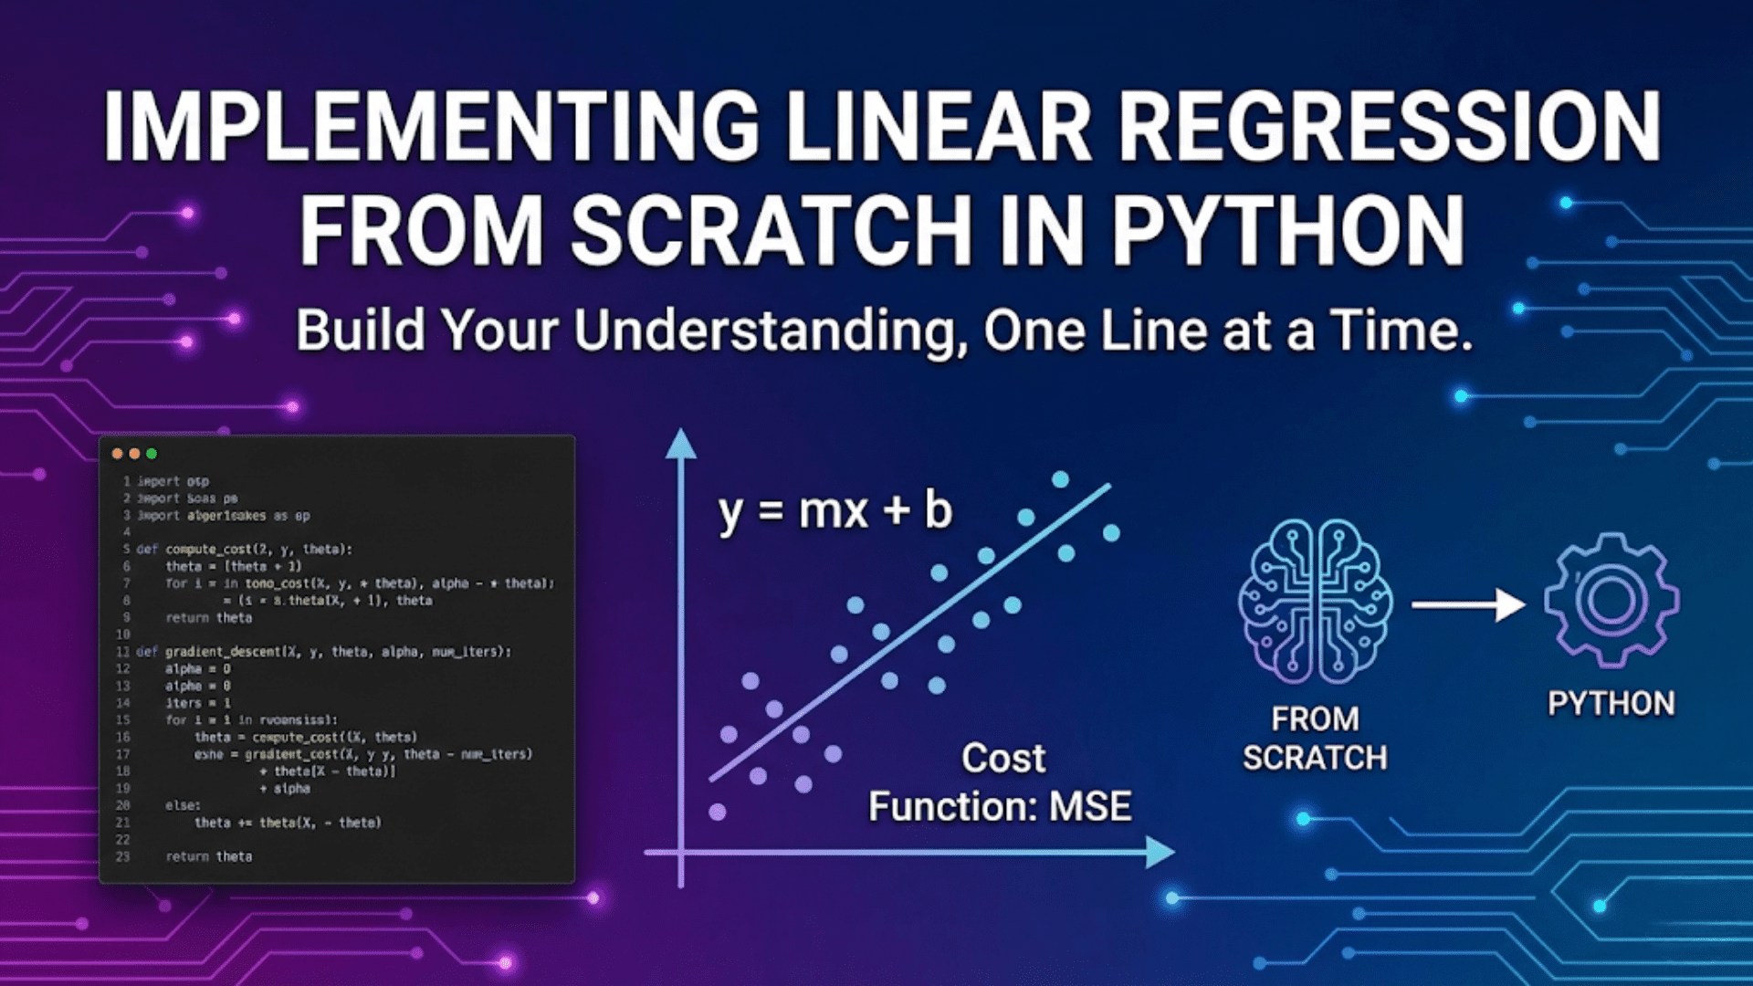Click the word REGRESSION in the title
pos(1388,128)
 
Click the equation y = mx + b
pos(835,511)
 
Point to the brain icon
pos(1315,603)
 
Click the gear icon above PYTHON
pos(1611,601)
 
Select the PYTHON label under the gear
pos(1611,704)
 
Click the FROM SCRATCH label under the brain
pos(1315,739)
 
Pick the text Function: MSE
pos(1000,807)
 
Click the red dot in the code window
pos(117,454)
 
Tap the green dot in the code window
pos(152,454)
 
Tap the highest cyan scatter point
pos(1060,479)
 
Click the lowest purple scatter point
pos(718,812)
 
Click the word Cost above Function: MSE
pos(1003,759)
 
